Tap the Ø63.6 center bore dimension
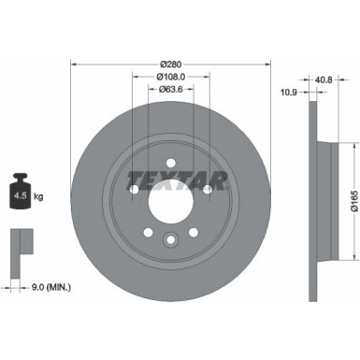170,91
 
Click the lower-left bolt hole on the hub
147,232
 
